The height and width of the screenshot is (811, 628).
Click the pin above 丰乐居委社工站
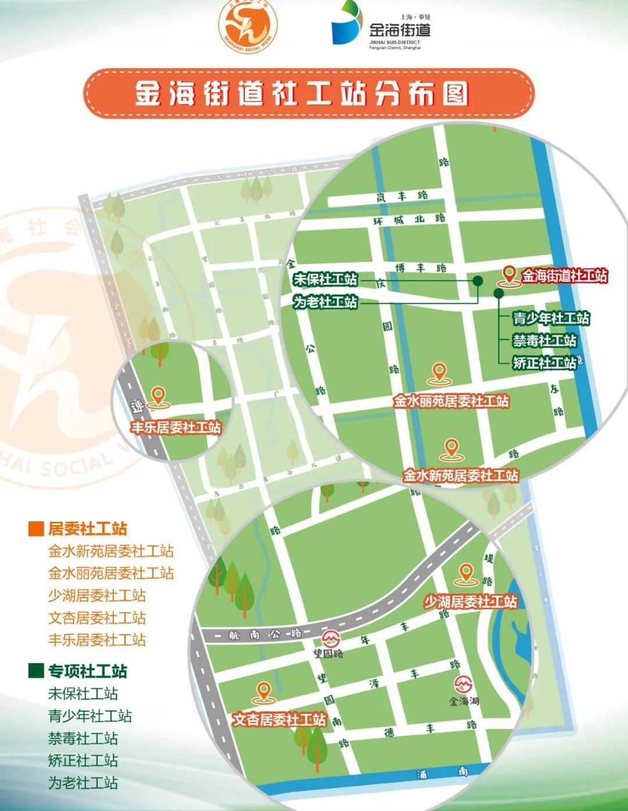(157, 396)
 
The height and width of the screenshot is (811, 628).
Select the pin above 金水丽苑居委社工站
(439, 372)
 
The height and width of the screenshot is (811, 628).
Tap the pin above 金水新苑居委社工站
(451, 448)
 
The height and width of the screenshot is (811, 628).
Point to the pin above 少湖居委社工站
(466, 573)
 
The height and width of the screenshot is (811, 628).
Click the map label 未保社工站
(325, 279)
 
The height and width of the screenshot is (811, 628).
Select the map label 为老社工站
(325, 302)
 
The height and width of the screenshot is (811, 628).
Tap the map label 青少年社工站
(551, 318)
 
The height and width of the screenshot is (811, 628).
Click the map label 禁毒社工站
(544, 340)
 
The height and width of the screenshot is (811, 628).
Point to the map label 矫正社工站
(544, 362)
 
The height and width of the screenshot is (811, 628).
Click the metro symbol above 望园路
(331, 638)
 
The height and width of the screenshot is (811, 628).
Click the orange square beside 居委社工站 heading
(36, 529)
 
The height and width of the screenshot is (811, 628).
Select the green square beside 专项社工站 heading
(36, 671)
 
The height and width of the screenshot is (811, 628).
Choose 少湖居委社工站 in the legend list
(97, 595)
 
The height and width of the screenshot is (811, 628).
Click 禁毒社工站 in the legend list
(83, 738)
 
